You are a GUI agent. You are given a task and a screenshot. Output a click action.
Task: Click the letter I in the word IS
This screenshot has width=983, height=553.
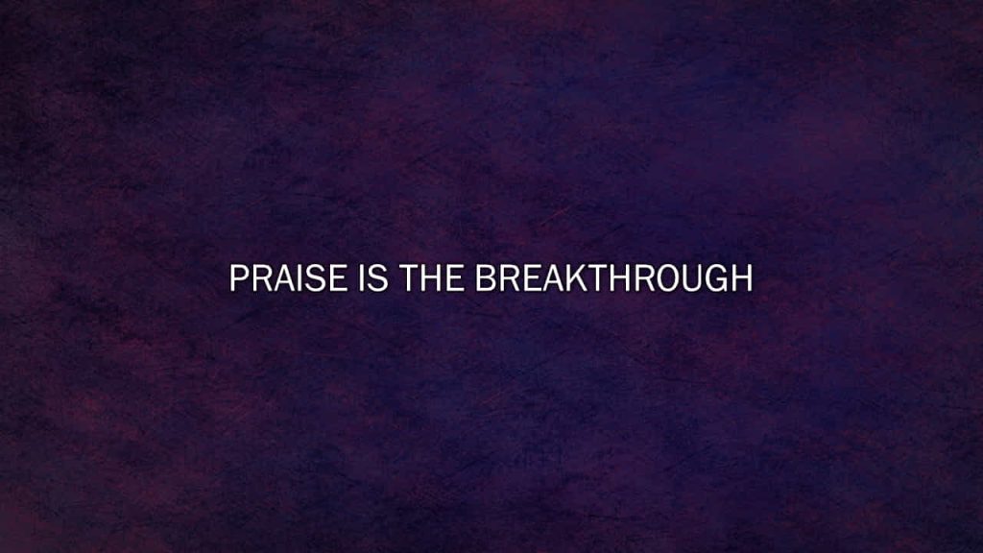point(362,277)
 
